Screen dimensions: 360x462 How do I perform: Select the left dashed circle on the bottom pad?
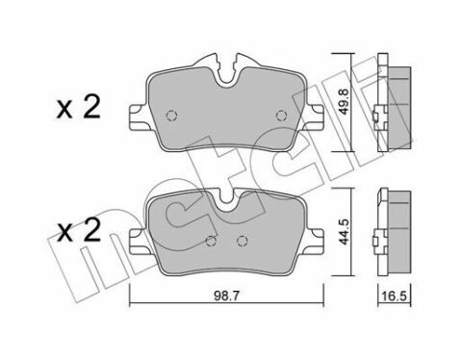click(210, 243)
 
